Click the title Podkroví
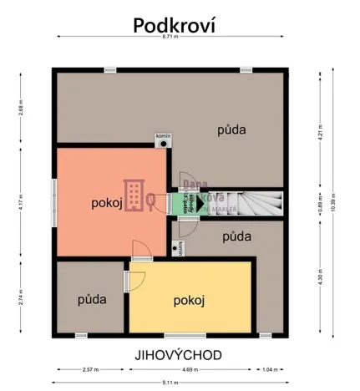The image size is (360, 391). [x=175, y=25]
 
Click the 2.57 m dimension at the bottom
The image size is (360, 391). [x=90, y=368]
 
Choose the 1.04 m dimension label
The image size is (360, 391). [x=268, y=368]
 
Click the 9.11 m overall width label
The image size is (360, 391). [x=178, y=382]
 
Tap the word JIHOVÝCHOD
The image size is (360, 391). [x=178, y=354]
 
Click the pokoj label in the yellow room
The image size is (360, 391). [x=190, y=300]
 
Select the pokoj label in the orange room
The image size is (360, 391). [x=107, y=202]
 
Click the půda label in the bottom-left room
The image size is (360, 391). [x=92, y=298]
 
